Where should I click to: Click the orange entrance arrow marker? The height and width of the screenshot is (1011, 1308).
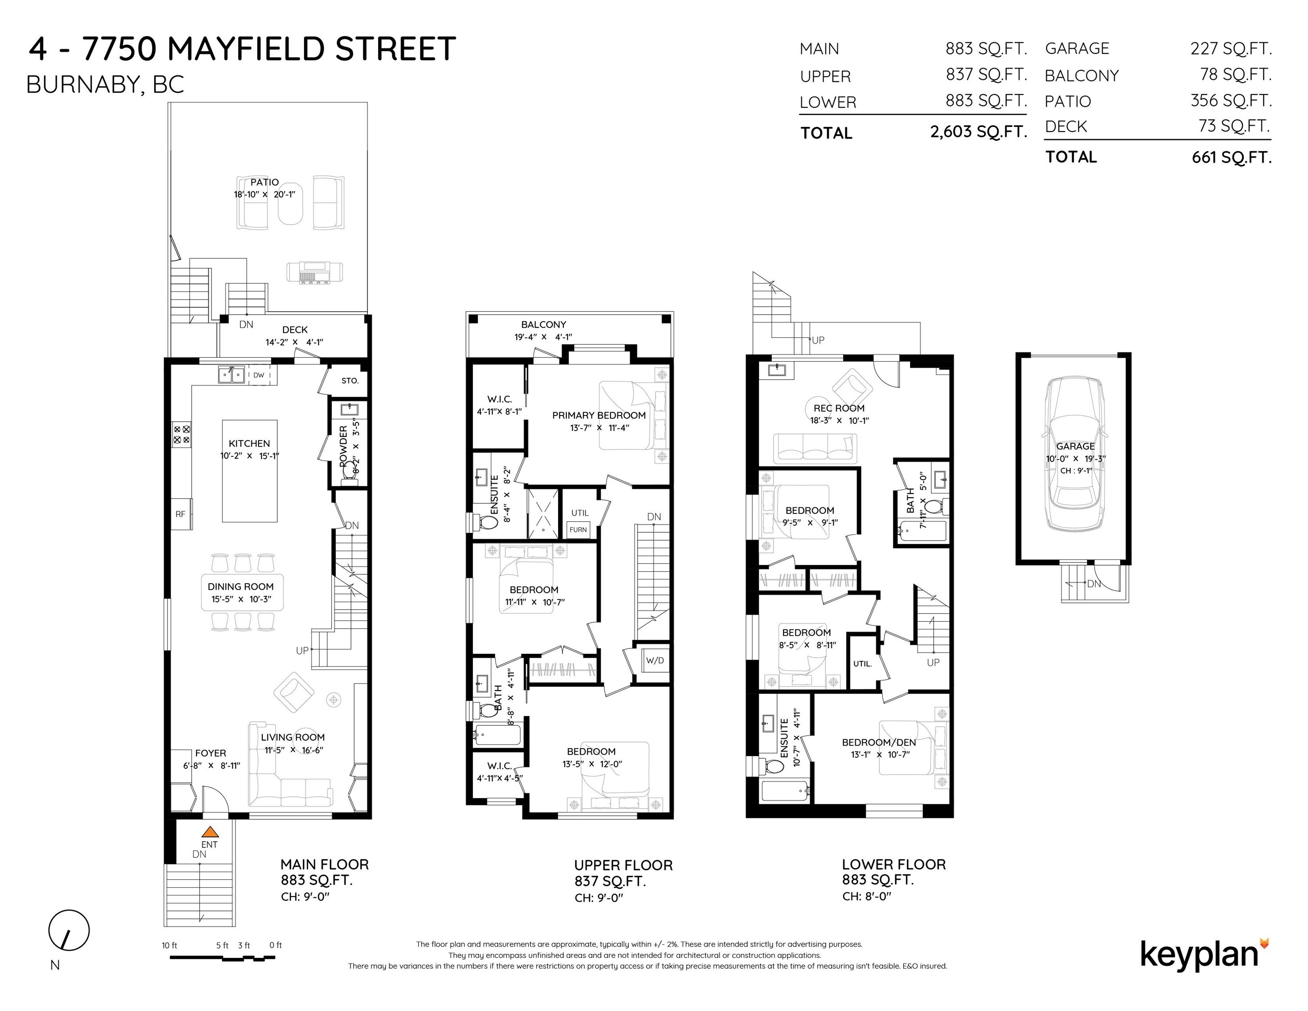210,832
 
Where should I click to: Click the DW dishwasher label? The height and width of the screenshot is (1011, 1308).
259,376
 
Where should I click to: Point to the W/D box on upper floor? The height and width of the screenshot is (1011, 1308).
655,661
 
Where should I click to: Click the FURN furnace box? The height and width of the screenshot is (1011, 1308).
578,530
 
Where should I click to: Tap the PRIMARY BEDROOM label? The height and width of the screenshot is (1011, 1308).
599,415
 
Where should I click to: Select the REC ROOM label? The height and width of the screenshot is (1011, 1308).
839,408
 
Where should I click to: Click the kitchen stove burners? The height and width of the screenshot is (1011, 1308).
182,435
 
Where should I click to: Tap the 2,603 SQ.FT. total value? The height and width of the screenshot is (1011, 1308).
978,132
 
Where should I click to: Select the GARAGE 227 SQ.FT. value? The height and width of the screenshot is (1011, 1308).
1231,49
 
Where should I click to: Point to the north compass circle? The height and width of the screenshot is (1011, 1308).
69,931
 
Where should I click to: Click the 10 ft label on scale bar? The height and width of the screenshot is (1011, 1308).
169,946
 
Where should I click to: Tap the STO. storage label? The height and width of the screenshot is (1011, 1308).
350,380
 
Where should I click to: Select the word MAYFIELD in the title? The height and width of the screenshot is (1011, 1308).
248,49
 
